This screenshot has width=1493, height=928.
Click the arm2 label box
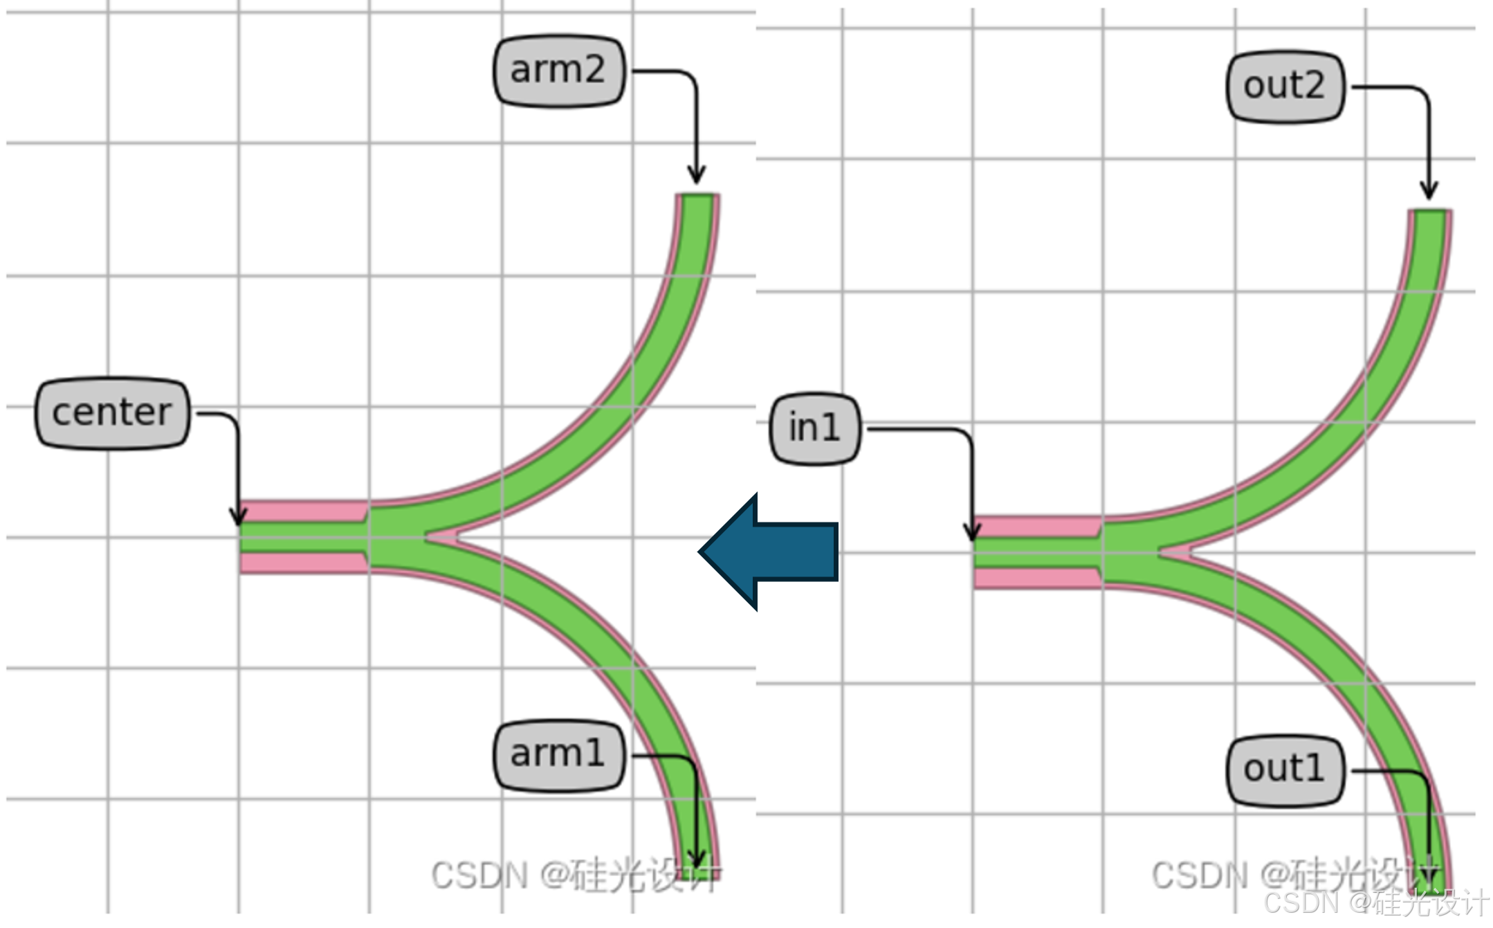click(559, 71)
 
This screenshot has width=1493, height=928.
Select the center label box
click(112, 413)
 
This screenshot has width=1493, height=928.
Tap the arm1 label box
click(559, 755)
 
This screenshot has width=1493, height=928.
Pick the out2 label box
click(1285, 87)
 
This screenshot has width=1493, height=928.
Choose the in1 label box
click(815, 428)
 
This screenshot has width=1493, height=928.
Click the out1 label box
click(1285, 770)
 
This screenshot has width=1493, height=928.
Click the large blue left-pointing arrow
click(768, 552)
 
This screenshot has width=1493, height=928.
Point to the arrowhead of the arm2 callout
click(697, 176)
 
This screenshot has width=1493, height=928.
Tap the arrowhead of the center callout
click(239, 519)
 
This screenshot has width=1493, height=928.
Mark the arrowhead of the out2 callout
click(1429, 192)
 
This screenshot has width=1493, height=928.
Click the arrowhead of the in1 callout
click(973, 534)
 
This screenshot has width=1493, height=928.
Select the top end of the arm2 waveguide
click(697, 198)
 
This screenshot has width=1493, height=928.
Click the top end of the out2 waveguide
click(1430, 213)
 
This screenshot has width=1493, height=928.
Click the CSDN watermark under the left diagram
click(574, 875)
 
